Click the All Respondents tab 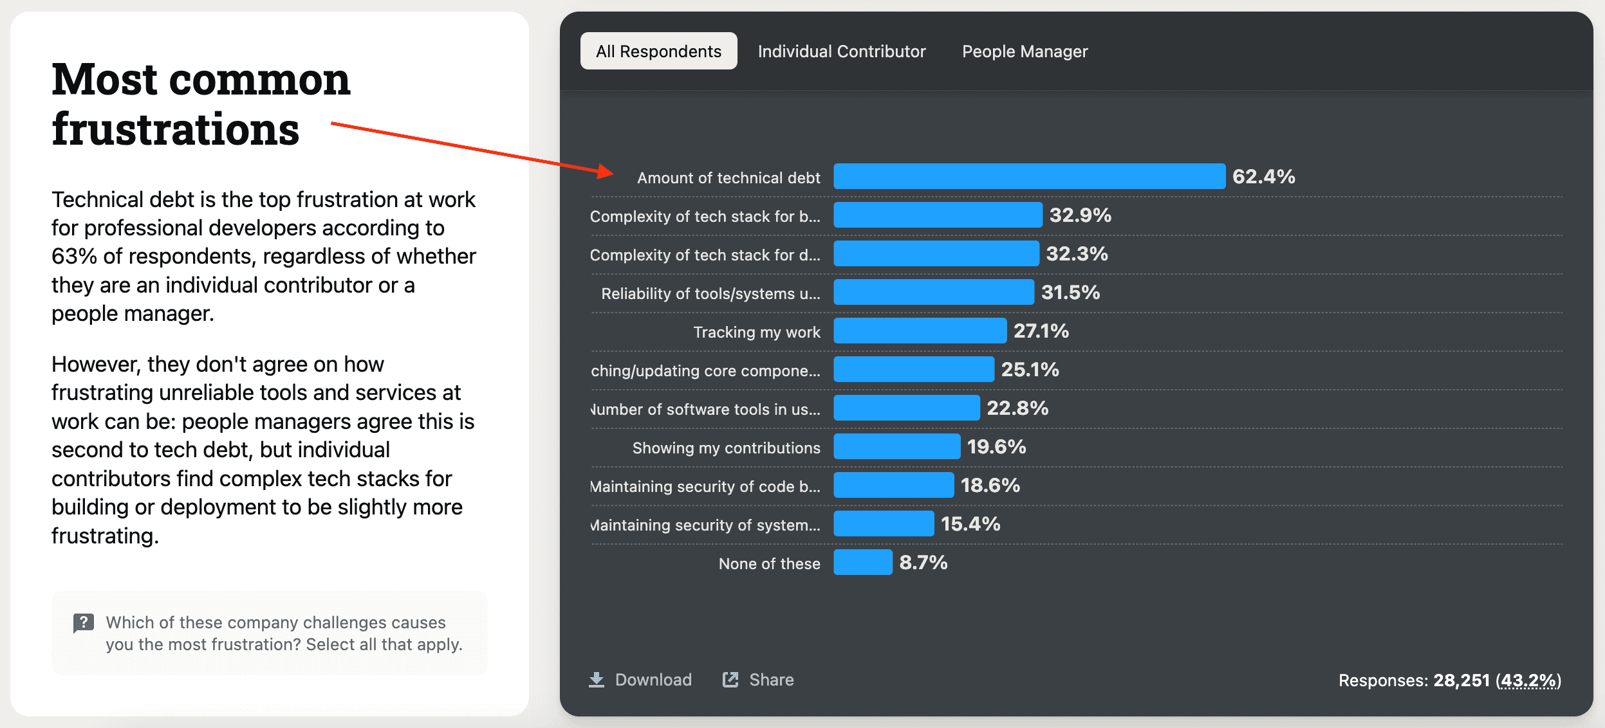point(658,51)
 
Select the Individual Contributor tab point(841,51)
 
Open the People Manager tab point(1025,51)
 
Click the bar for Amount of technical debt point(1029,176)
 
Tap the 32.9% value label point(1080,215)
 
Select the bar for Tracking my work point(920,331)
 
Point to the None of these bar point(862,562)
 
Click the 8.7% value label point(923,563)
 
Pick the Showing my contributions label point(726,448)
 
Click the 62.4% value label point(1263,176)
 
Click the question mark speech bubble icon point(84,623)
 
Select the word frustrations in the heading point(175,129)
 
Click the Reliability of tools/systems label point(710,293)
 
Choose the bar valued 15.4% point(883,523)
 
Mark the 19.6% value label point(996,447)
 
